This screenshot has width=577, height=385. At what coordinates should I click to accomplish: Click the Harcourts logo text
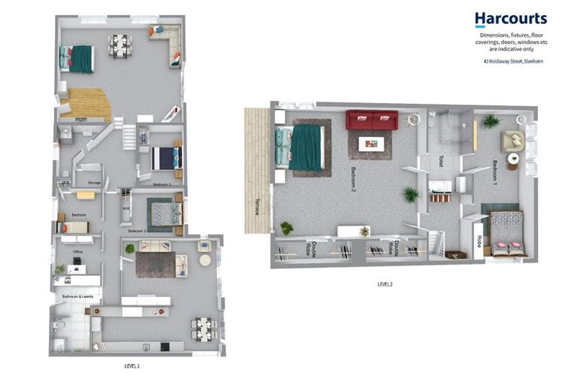tap(510, 19)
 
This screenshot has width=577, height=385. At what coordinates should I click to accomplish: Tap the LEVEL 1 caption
tap(132, 365)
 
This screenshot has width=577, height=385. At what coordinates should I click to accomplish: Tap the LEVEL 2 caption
tap(385, 284)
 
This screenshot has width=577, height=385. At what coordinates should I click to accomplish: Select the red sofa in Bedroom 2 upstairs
tap(371, 120)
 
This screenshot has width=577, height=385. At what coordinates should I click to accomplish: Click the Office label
tap(77, 252)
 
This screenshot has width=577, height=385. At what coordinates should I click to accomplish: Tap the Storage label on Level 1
tap(95, 183)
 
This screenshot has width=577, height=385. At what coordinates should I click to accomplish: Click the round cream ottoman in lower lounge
tap(204, 261)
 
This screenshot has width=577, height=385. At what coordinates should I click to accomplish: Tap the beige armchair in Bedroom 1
tap(514, 140)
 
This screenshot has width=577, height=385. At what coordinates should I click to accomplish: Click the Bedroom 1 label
tap(496, 174)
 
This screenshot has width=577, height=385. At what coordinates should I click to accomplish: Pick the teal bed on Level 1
tap(80, 58)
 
